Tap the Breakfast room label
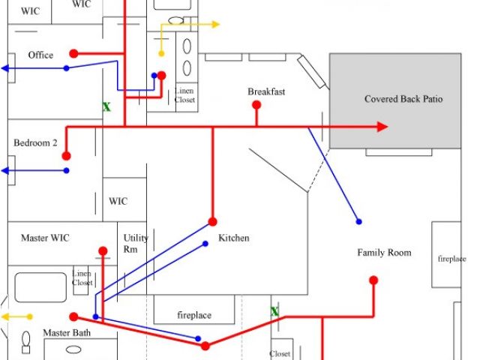click(x=266, y=91)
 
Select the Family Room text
click(x=384, y=253)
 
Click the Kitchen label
click(x=233, y=238)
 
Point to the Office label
click(x=40, y=55)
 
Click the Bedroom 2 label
click(x=35, y=142)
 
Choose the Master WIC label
click(x=45, y=238)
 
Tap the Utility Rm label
click(x=136, y=243)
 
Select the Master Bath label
click(x=65, y=332)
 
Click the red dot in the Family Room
click(x=373, y=280)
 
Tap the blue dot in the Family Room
click(x=358, y=221)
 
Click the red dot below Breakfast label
click(x=256, y=106)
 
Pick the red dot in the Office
click(x=73, y=53)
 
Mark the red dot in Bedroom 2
click(x=66, y=156)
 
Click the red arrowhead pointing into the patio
click(x=382, y=127)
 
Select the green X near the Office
click(x=106, y=107)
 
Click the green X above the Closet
click(x=274, y=311)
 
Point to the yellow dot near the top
click(x=161, y=53)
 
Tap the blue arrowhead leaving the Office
click(x=6, y=68)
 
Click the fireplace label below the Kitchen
click(x=193, y=316)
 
